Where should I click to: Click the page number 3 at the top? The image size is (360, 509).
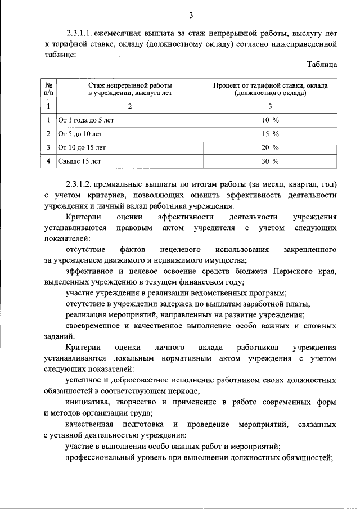[x=191, y=15]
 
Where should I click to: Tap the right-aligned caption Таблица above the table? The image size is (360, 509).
[x=322, y=65]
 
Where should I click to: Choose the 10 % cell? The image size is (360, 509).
[x=271, y=120]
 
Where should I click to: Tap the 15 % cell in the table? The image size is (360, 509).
[x=271, y=134]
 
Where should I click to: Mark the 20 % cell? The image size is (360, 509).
[x=271, y=147]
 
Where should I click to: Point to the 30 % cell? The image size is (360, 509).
[x=271, y=161]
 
